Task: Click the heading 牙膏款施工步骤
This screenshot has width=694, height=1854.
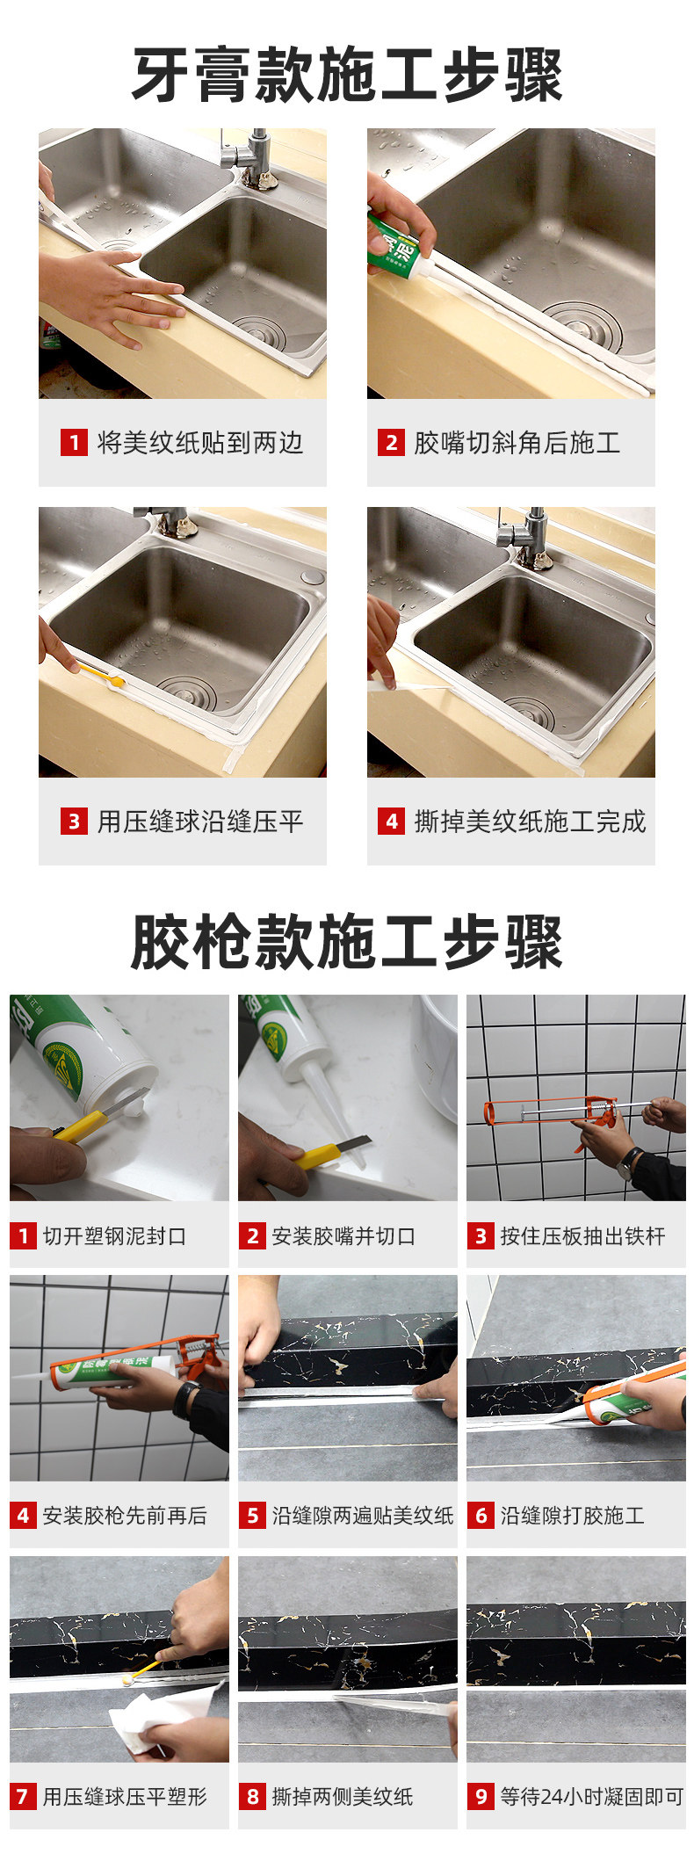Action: pyautogui.click(x=347, y=76)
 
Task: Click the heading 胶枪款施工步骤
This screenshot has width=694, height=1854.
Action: pyautogui.click(x=347, y=943)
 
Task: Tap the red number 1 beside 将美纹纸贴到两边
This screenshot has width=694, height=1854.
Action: pyautogui.click(x=74, y=442)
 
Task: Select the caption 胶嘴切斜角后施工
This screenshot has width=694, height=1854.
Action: pyautogui.click(x=517, y=442)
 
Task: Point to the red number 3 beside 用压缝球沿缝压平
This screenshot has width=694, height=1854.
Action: pyautogui.click(x=74, y=822)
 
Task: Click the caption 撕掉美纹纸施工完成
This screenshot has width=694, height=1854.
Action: pyautogui.click(x=530, y=822)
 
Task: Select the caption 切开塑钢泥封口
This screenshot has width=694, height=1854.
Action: pyautogui.click(x=114, y=1236)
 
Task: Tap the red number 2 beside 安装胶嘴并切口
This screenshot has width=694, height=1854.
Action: pyautogui.click(x=253, y=1236)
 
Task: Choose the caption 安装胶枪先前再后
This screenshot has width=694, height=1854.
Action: pyautogui.click(x=125, y=1516)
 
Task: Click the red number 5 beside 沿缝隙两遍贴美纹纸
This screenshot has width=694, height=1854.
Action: pyautogui.click(x=253, y=1516)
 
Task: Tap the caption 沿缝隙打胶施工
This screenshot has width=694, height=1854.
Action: pyautogui.click(x=572, y=1516)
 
